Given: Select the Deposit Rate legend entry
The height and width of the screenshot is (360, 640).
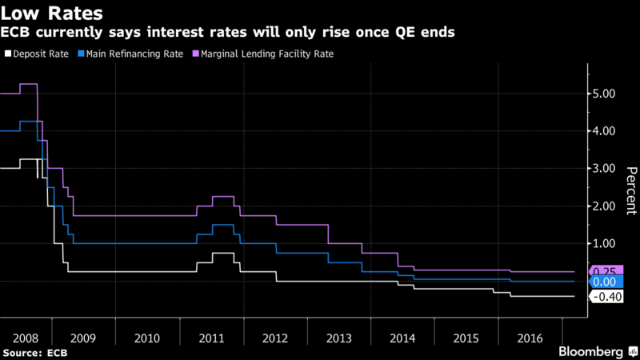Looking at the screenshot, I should (33, 54).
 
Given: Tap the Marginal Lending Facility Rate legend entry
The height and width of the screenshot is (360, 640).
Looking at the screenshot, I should (264, 54).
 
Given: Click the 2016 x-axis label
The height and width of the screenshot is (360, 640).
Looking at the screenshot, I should (529, 338).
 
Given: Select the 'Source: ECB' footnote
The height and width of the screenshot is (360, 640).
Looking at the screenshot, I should (35, 352).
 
